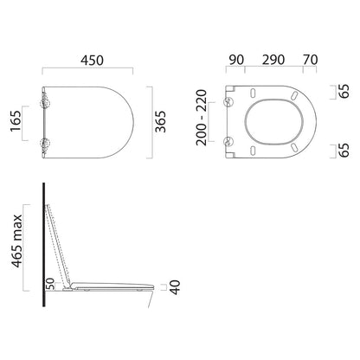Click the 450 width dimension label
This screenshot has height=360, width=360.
click(x=92, y=61)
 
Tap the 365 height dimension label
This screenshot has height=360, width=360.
click(x=161, y=121)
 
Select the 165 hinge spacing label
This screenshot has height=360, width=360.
click(x=16, y=121)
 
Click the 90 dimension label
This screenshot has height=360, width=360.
click(x=236, y=60)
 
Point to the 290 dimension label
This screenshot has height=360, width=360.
click(x=273, y=60)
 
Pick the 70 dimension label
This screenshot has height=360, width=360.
click(x=311, y=60)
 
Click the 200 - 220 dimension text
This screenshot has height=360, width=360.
click(x=202, y=118)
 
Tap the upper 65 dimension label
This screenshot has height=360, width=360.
click(x=344, y=92)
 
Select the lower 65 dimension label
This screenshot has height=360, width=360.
click(x=344, y=151)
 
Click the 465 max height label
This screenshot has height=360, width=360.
click(x=16, y=241)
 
